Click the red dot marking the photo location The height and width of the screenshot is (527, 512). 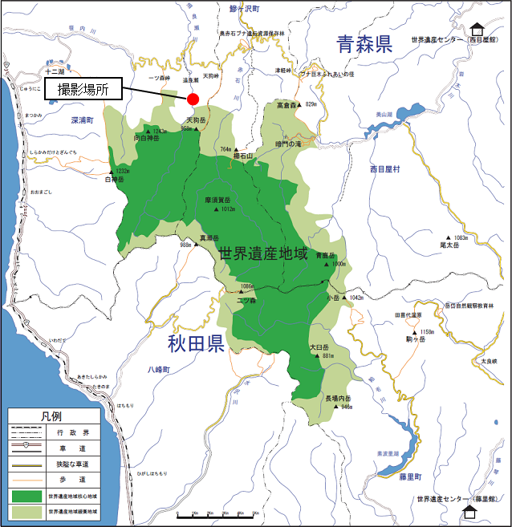193,99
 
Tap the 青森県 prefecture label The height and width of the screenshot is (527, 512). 364,44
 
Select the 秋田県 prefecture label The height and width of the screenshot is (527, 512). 195,345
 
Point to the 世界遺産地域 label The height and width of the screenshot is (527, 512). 263,254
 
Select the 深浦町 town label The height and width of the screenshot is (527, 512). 81,120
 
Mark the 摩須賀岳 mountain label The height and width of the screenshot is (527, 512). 217,200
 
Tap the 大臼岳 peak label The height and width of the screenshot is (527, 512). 320,347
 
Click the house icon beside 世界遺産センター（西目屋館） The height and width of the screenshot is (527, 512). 478,30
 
